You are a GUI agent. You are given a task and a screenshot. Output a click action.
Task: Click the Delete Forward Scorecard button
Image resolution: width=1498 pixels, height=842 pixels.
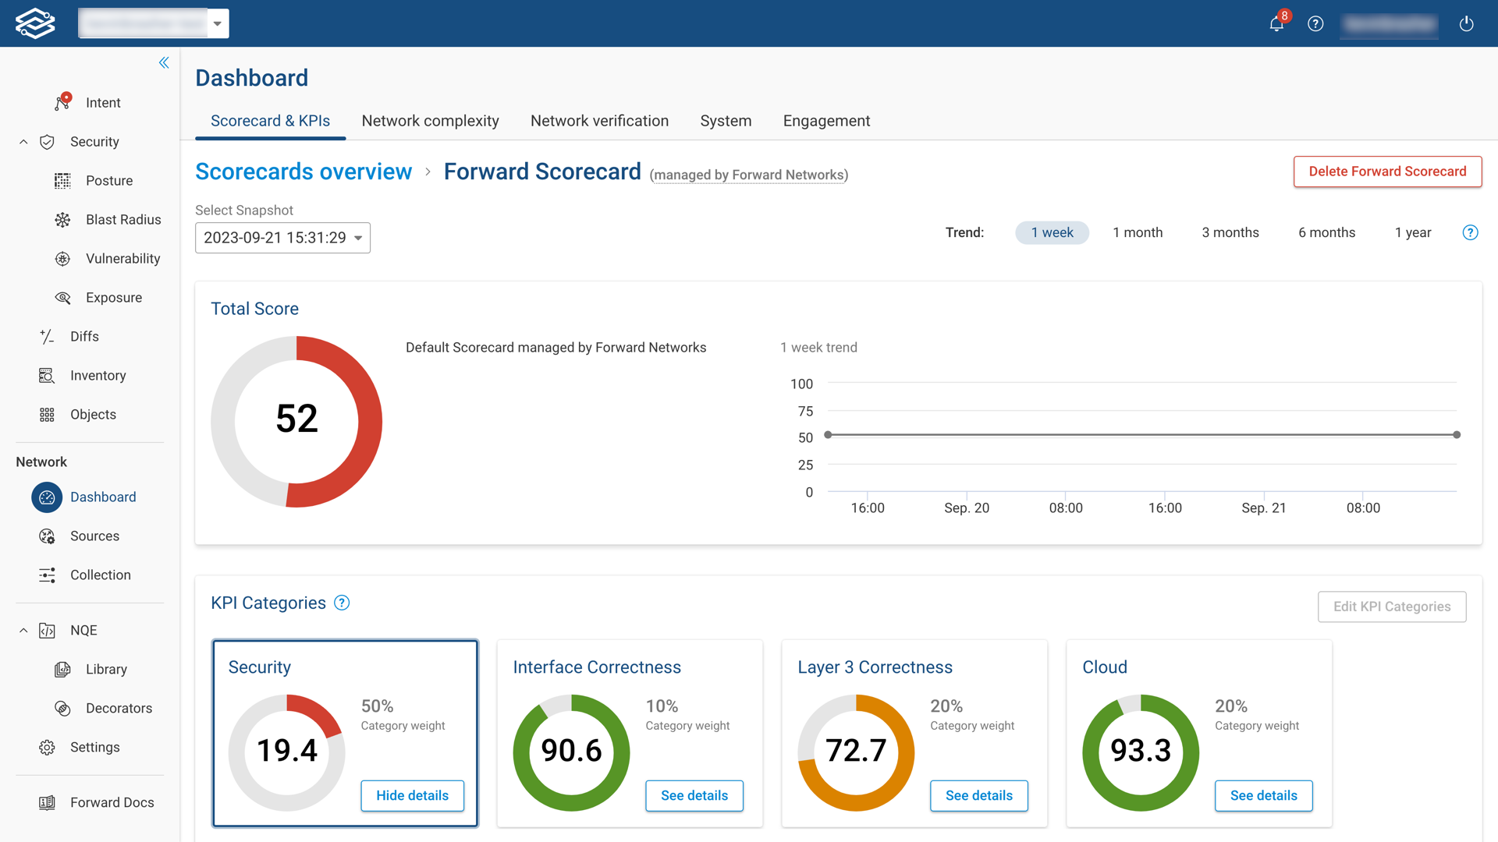point(1387,172)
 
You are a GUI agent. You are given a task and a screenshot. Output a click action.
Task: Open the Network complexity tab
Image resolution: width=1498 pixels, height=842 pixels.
point(430,121)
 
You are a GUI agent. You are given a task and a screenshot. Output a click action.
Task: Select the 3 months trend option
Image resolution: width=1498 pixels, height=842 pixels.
point(1230,232)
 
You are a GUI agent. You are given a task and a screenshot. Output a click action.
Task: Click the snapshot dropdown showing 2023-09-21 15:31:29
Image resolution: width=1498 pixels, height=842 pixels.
point(282,238)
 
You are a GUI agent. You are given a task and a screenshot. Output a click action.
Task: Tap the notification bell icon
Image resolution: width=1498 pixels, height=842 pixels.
point(1276,24)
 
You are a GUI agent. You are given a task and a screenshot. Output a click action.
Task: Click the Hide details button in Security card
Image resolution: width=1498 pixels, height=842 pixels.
point(412,795)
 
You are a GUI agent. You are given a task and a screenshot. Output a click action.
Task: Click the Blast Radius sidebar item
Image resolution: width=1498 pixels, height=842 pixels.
point(123,220)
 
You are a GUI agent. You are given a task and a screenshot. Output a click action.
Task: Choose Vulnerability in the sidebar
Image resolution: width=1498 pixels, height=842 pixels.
point(122,259)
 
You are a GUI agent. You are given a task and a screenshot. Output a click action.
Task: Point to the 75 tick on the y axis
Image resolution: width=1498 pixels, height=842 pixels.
point(805,411)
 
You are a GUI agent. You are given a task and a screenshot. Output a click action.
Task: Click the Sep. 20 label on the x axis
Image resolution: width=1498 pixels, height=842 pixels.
point(966,508)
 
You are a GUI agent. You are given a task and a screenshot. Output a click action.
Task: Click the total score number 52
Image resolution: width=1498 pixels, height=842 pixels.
point(296,419)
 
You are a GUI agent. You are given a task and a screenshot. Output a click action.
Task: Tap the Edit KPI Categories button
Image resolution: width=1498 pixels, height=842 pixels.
point(1391,607)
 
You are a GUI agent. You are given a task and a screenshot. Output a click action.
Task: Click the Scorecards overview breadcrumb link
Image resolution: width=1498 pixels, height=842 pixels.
point(304,172)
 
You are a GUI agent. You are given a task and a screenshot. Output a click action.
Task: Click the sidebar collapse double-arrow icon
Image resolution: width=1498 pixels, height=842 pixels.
point(164,62)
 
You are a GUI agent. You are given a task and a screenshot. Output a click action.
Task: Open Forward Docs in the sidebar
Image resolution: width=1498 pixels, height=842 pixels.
point(112,802)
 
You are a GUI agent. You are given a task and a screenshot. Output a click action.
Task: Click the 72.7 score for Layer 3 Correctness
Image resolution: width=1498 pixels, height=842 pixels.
point(856,751)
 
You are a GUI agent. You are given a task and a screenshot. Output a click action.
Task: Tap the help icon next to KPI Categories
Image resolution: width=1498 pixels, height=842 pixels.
point(342,603)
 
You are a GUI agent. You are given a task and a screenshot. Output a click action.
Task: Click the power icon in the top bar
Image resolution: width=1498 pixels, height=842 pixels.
point(1466,24)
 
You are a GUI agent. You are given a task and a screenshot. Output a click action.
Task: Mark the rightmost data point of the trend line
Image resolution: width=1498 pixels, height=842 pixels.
point(1457,434)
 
